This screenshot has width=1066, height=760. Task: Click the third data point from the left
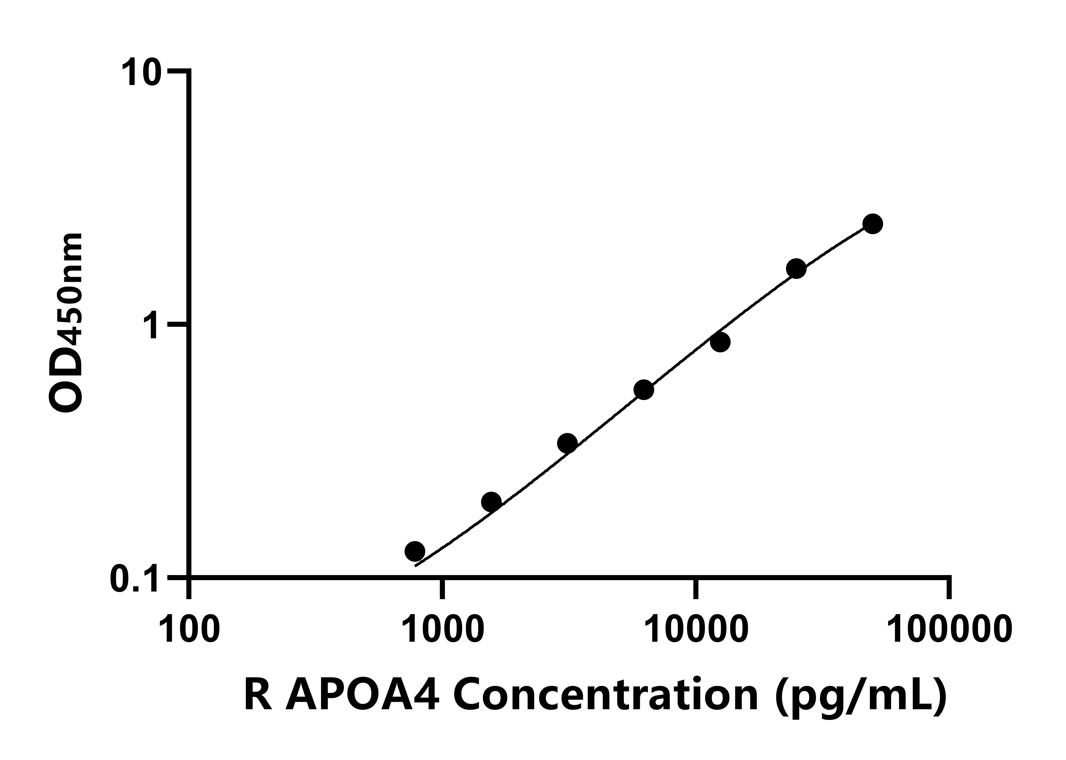pyautogui.click(x=567, y=443)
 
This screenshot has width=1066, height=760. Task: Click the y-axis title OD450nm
pyautogui.click(x=65, y=323)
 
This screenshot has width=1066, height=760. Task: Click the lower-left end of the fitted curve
pyautogui.click(x=416, y=566)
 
